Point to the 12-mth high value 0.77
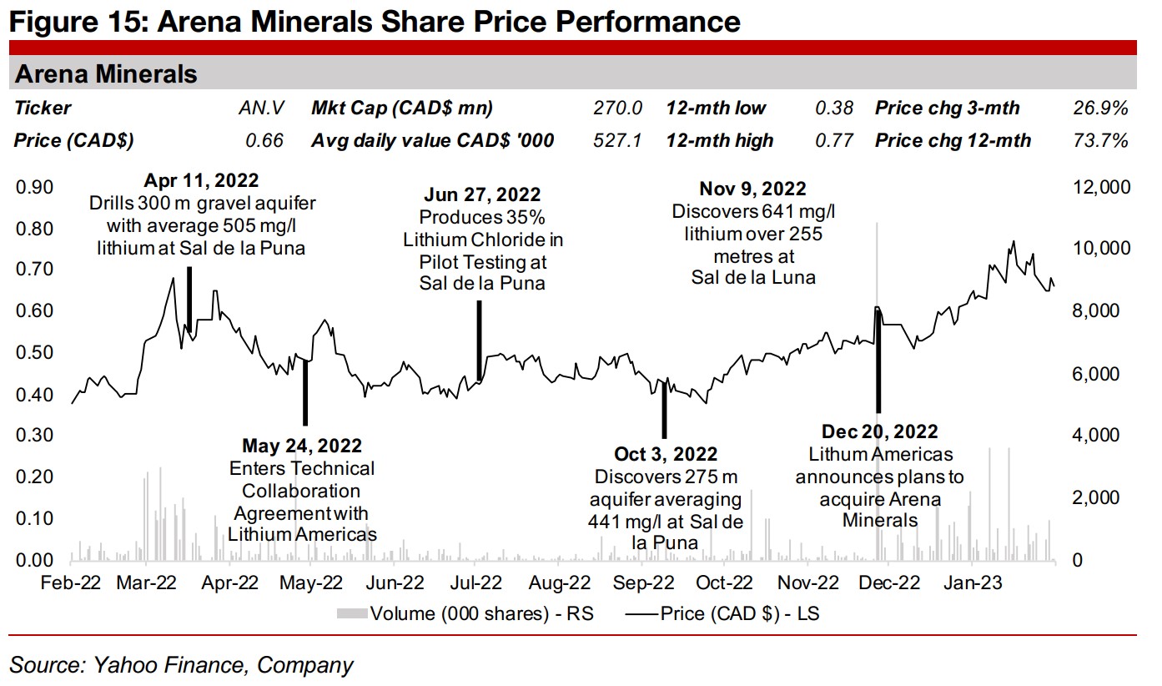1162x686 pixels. coord(836,140)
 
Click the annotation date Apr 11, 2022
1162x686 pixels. coord(201,180)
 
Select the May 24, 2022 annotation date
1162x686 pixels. coord(302,446)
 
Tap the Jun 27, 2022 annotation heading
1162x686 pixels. coord(482,195)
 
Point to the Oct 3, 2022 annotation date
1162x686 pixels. coord(665,454)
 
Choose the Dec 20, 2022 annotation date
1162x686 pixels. coord(879,431)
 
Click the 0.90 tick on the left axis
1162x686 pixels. coord(33,187)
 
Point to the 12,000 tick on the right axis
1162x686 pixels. coord(1101,187)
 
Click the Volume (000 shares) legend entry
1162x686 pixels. coord(467,614)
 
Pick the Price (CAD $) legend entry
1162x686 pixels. coord(724,614)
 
